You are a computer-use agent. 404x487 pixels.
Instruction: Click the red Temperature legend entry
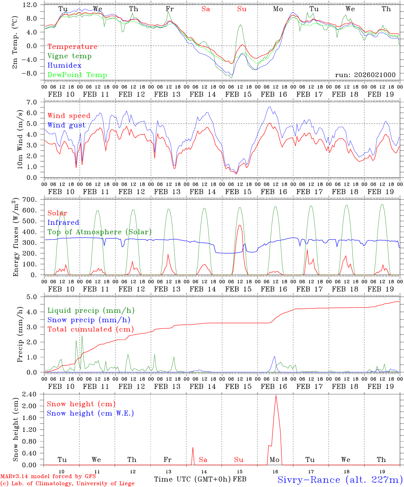point(72,47)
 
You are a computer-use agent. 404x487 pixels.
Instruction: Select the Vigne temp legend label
point(69,56)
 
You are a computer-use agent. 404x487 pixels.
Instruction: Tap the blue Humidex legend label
point(64,66)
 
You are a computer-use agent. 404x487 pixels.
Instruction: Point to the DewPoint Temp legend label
point(77,75)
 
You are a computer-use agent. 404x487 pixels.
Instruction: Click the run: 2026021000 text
point(365,75)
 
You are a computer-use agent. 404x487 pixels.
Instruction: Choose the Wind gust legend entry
point(66,125)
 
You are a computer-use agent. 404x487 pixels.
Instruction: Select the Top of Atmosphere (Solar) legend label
point(99,232)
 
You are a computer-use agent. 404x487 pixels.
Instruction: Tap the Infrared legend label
point(63,223)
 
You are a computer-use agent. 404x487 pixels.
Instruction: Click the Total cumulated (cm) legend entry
point(90,329)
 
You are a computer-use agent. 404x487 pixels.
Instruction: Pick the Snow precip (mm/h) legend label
point(89,320)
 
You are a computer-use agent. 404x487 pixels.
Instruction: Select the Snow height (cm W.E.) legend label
point(90,413)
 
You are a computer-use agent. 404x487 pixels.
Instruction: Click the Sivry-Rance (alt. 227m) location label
point(339,480)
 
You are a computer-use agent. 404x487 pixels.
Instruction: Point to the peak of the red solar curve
point(240,225)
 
